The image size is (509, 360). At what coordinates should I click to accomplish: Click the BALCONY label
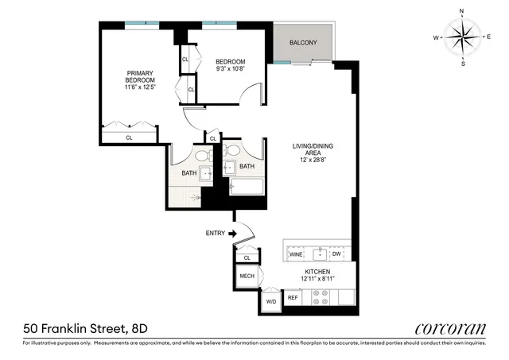303,42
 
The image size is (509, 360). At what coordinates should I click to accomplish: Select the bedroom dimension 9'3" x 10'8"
230,69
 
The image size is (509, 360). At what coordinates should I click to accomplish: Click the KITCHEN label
316,272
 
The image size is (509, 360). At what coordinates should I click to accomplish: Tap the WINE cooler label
296,254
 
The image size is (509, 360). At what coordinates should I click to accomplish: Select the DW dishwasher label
336,254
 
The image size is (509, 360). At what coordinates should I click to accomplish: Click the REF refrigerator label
293,298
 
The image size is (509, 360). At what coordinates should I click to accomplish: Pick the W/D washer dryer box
270,301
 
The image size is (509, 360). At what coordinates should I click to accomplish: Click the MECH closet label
246,277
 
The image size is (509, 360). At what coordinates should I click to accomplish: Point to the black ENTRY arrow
233,234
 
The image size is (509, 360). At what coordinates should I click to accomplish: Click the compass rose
462,37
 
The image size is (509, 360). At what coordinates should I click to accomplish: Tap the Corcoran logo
450,327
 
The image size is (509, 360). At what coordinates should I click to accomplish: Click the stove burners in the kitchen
321,296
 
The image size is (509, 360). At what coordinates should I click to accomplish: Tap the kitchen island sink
319,254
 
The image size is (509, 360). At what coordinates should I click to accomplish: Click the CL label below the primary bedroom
129,137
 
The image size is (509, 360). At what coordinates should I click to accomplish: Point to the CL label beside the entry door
247,257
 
